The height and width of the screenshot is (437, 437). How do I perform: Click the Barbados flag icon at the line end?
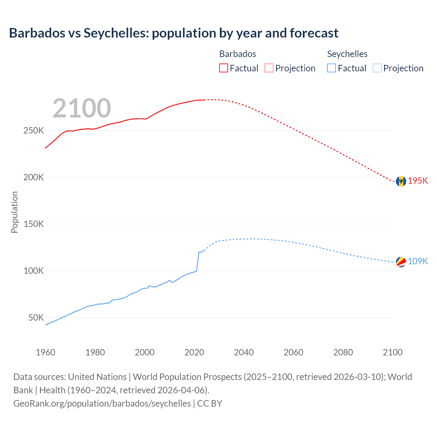click(x=401, y=181)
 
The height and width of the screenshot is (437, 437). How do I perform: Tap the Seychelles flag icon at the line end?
click(x=401, y=262)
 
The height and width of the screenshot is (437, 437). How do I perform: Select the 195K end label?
click(x=418, y=181)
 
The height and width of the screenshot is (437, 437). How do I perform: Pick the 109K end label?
click(x=418, y=261)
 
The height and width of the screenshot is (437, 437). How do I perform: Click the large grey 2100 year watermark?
click(x=82, y=108)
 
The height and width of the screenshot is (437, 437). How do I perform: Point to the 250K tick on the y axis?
click(x=34, y=131)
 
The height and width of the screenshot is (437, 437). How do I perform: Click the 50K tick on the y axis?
click(x=36, y=318)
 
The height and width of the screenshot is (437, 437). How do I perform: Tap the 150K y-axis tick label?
click(x=34, y=224)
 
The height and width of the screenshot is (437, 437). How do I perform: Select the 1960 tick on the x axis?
click(x=45, y=352)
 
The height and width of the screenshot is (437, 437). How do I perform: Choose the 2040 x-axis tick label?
click(x=244, y=352)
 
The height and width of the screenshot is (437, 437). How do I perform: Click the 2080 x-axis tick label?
click(x=343, y=352)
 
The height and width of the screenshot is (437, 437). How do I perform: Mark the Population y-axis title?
click(x=14, y=212)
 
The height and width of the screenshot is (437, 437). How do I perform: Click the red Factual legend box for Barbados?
click(x=224, y=68)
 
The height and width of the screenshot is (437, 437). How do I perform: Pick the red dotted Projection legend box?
click(x=269, y=68)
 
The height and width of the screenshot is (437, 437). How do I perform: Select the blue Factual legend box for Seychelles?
click(x=332, y=68)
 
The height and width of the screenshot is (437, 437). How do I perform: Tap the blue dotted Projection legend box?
click(x=377, y=68)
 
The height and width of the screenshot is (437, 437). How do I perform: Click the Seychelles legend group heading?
click(x=347, y=54)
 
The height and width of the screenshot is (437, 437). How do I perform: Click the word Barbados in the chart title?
click(x=37, y=33)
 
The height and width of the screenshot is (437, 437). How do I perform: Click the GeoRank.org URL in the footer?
click(x=102, y=404)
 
